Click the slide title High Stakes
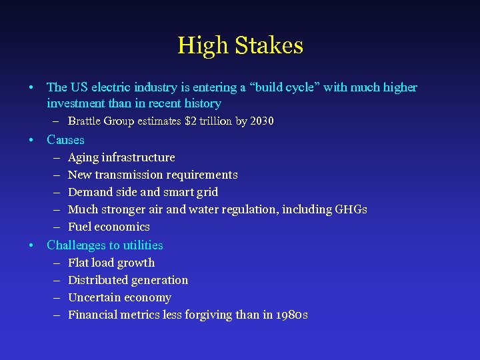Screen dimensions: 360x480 [240, 45]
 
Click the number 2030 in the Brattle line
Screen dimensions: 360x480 [261, 121]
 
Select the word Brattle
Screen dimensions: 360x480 [84, 121]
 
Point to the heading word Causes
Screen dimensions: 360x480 [65, 140]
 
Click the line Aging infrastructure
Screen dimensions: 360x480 [121, 157]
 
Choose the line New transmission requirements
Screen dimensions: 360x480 [153, 175]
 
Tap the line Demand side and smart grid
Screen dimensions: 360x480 [143, 192]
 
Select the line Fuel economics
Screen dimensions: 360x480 [109, 227]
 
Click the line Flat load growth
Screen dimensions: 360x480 [111, 263]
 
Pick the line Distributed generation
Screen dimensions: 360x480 [128, 280]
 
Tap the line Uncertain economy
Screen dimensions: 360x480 [119, 297]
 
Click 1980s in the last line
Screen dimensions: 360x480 [291, 315]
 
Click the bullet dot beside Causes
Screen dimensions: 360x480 [31, 140]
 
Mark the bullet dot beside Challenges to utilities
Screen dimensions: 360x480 [31, 245]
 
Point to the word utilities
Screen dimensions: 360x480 [142, 245]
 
